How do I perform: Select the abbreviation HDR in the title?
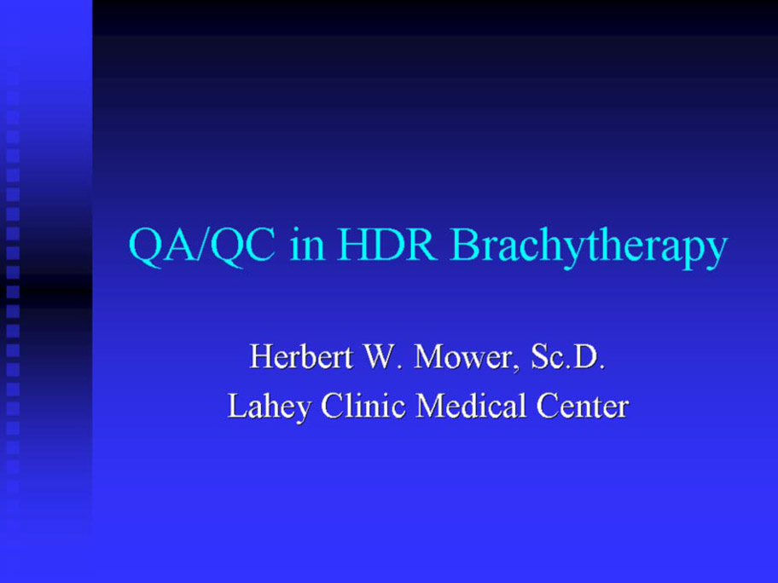point(387,244)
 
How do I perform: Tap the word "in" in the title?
point(308,245)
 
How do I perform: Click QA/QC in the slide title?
point(202,246)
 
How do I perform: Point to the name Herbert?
point(300,356)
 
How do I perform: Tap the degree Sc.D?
point(567,356)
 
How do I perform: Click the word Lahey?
point(270,407)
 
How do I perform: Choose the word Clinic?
point(363,406)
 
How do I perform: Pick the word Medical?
point(470,406)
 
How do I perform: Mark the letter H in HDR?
point(354,244)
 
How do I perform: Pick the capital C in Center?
point(548,406)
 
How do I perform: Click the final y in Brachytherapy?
point(716,251)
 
